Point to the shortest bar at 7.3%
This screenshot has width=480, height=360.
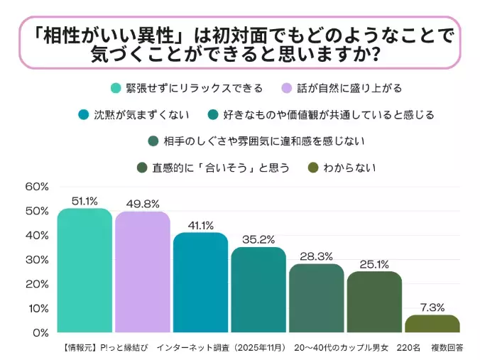(x=432, y=324)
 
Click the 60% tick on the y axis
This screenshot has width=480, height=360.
(x=37, y=187)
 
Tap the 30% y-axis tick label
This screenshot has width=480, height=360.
(x=37, y=260)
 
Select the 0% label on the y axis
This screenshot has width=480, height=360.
(x=40, y=332)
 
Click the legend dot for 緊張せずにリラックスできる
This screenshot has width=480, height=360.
(x=115, y=89)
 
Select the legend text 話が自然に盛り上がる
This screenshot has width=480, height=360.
(x=349, y=89)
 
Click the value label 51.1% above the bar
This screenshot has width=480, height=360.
(x=84, y=201)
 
